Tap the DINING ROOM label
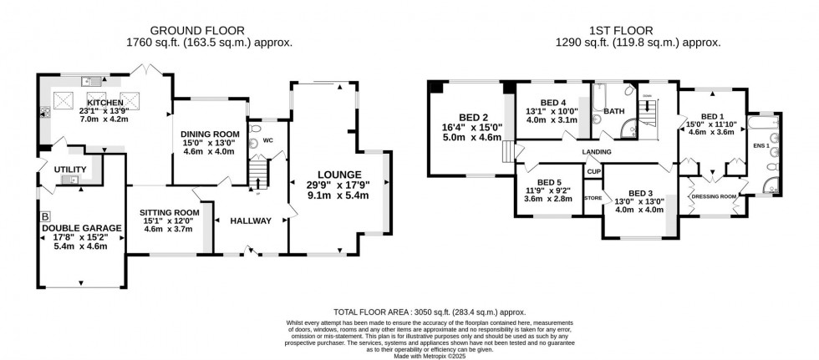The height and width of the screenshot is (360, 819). pos(210,134)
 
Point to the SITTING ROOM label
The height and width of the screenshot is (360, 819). pos(169,212)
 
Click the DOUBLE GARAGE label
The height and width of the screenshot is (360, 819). pos(82,228)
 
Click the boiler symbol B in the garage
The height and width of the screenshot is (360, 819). pos(45,215)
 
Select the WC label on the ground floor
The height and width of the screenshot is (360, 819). pos(268,140)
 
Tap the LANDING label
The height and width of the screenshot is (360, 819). pos(597,152)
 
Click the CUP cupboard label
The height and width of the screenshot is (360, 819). pos(593,171)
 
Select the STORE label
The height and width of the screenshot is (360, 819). pos(593,198)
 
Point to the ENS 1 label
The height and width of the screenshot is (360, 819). pos(759,145)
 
